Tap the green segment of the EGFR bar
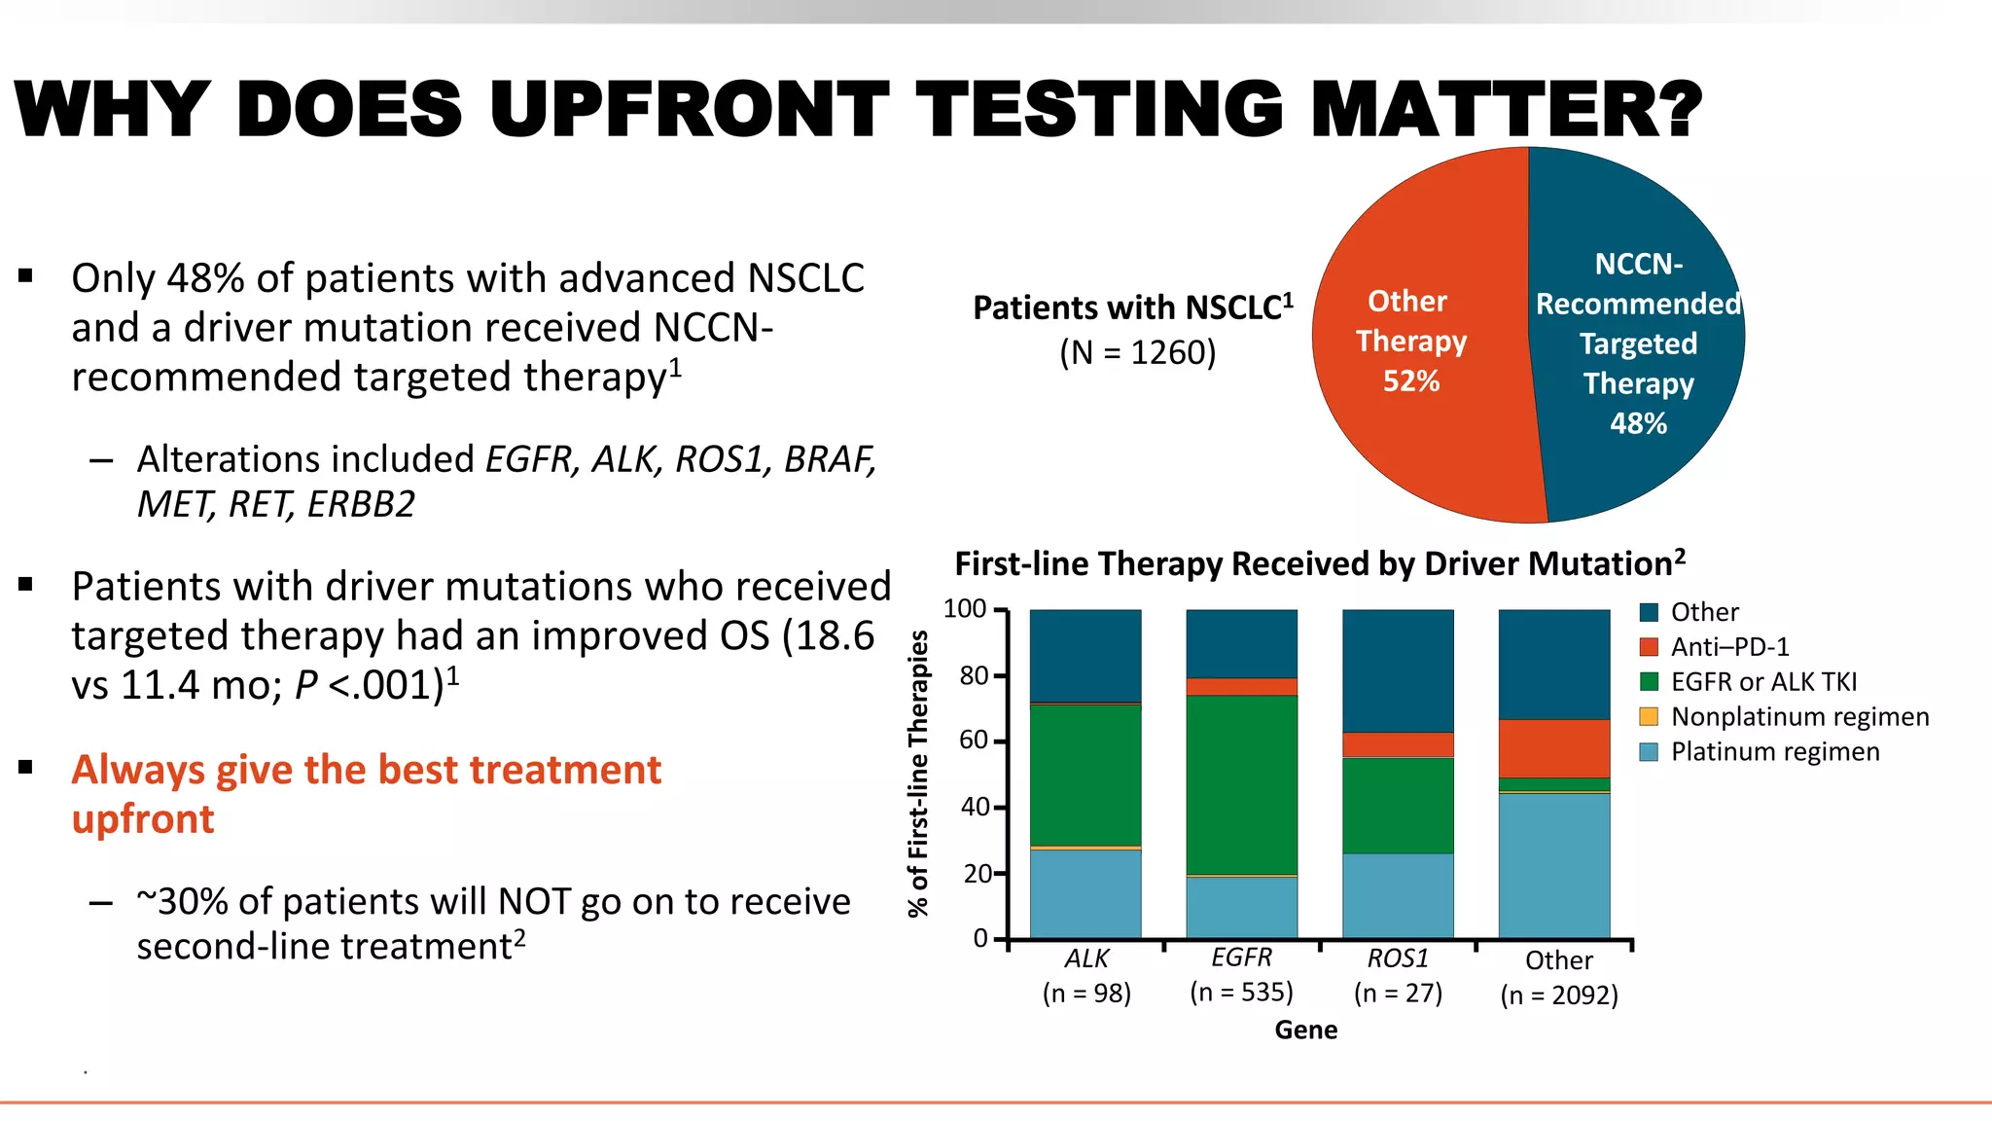point(1241,784)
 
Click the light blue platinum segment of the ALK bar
point(1085,893)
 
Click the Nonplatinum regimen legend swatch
point(1649,717)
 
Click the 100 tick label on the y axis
point(965,609)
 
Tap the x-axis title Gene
point(1305,1030)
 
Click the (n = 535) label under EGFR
point(1241,992)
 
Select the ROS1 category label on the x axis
point(1398,958)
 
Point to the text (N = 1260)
point(1137,352)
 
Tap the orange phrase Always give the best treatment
point(366,770)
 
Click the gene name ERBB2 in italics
point(361,504)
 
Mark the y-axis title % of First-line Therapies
point(918,773)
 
